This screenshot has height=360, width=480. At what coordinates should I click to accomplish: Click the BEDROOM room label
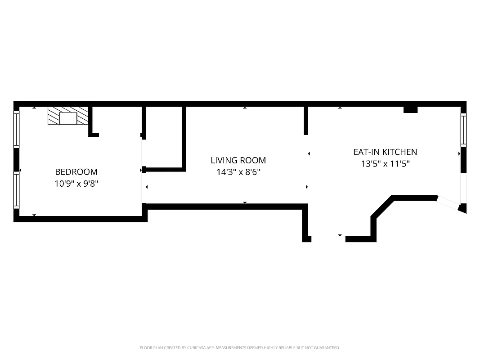(76, 171)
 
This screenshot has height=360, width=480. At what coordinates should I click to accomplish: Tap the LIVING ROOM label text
(238, 160)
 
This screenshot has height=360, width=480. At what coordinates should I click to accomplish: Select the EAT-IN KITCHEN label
(385, 152)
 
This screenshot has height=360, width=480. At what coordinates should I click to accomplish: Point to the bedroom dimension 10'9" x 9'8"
(76, 184)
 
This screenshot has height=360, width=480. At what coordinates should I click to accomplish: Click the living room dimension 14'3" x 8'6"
(238, 172)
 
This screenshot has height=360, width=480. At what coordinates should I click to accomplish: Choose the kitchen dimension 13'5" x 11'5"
(385, 164)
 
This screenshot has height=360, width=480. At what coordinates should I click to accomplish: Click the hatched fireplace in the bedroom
(68, 116)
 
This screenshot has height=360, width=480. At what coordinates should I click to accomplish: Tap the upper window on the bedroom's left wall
(17, 130)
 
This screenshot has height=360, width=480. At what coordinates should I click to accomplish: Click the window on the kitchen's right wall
(463, 130)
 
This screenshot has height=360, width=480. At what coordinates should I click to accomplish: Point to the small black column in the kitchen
(410, 109)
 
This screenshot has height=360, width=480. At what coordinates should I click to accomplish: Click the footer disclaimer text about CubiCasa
(240, 348)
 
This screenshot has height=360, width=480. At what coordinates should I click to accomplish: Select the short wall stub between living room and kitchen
(306, 120)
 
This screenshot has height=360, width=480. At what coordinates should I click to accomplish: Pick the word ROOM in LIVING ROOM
(253, 160)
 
